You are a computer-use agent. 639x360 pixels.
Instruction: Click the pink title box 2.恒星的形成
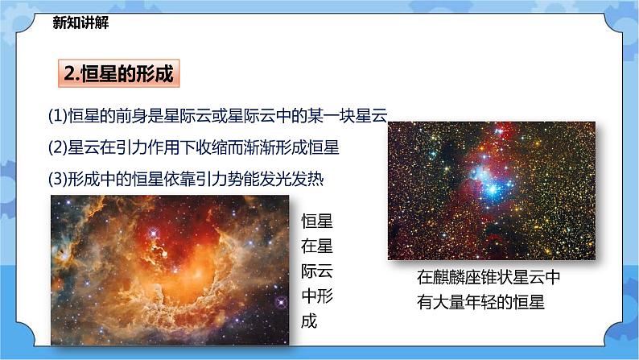[x=118, y=74]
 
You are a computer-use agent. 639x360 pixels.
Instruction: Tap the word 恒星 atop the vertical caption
[x=316, y=221]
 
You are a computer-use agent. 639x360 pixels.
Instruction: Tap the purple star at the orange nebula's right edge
[x=282, y=302]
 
